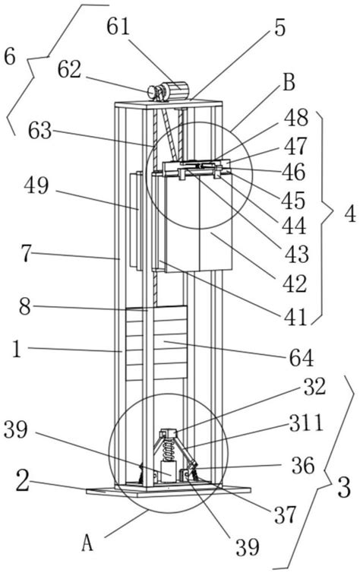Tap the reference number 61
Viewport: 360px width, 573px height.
click(x=118, y=27)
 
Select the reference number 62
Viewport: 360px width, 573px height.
click(x=69, y=69)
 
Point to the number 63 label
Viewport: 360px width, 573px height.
click(x=40, y=131)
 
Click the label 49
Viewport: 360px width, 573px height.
click(x=36, y=185)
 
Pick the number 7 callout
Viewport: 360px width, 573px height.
click(x=26, y=253)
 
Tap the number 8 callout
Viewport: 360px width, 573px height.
click(x=25, y=306)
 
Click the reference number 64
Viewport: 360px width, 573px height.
click(x=302, y=357)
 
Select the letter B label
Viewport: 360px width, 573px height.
click(x=289, y=83)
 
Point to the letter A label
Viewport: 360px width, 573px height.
click(x=87, y=543)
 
